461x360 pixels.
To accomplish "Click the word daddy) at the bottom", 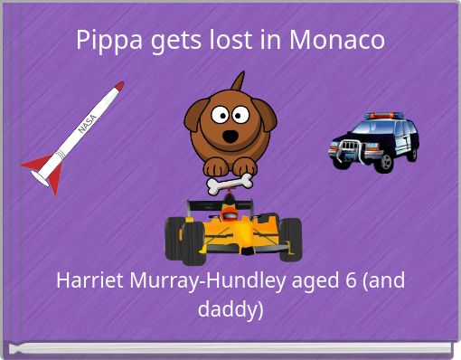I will point(230,309).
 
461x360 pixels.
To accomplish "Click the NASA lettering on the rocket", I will point(89,125).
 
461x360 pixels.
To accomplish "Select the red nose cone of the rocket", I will point(118,87).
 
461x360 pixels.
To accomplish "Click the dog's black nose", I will point(230,137).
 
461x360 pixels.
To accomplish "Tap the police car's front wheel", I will point(382,162).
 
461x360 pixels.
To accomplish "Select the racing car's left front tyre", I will point(175,241).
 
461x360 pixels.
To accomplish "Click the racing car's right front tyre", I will point(290,240).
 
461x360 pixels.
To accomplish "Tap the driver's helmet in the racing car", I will point(232,214).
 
